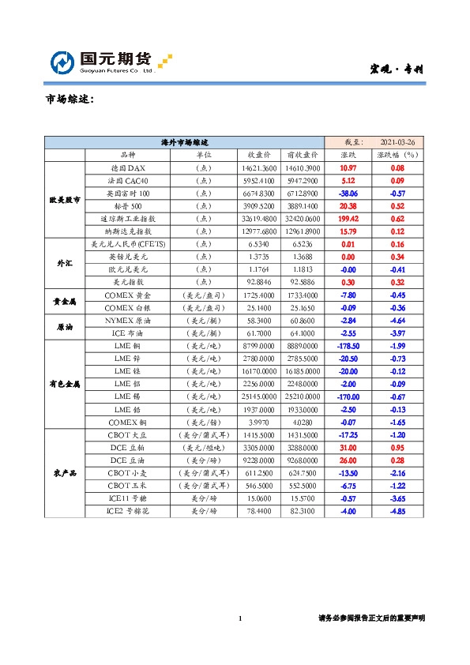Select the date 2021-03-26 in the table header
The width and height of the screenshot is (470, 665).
397,142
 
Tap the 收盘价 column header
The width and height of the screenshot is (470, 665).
259,156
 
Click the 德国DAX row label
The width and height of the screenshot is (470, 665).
127,168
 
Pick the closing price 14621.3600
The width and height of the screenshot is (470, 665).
259,168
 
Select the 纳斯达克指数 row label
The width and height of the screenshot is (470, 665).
127,231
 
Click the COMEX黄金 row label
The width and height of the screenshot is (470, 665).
127,294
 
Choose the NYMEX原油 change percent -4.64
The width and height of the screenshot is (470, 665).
397,321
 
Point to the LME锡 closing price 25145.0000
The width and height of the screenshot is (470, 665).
259,396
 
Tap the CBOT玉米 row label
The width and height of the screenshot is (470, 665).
127,485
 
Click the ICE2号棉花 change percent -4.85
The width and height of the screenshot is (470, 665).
397,510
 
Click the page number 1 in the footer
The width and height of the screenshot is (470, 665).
239,618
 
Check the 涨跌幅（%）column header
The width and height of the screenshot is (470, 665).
397,156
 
